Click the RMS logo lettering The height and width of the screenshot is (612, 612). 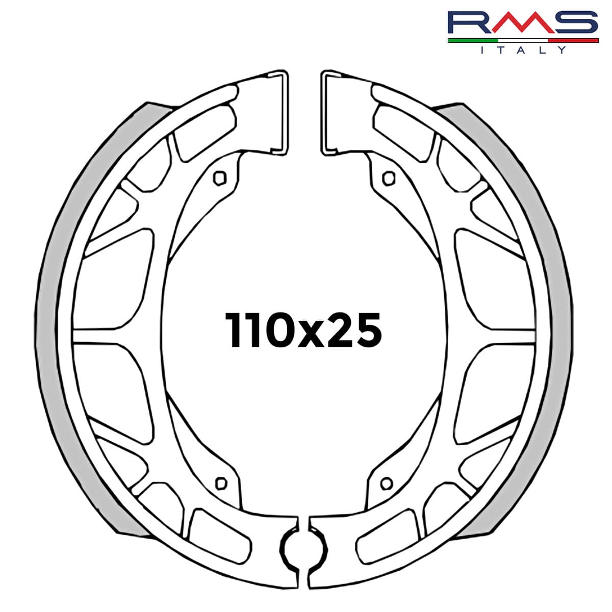coord(523,23)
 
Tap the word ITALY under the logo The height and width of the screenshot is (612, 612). coord(523,50)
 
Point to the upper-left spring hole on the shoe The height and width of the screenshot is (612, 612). coord(220,177)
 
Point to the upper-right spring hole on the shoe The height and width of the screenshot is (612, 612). coord(388,177)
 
